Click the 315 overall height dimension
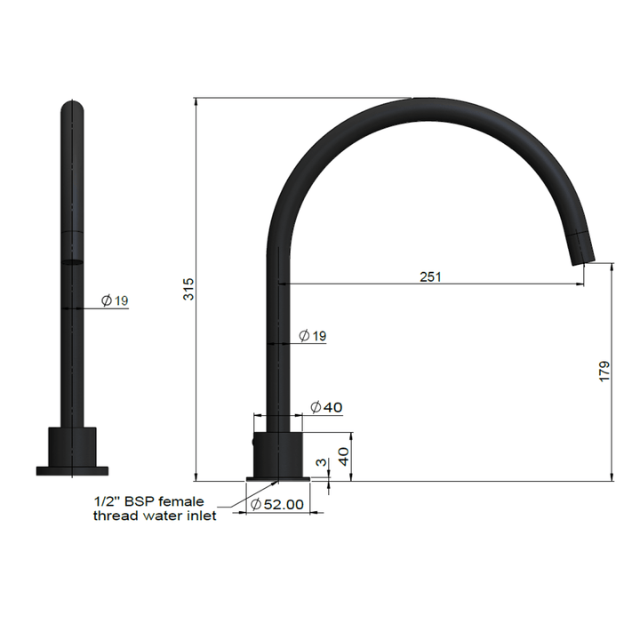coord(188,289)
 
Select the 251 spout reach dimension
coord(430,276)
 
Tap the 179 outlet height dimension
coord(604,372)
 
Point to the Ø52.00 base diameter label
coord(277,504)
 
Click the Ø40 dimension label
coord(326,407)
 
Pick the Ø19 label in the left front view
coord(115,300)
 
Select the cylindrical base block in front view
coord(71,447)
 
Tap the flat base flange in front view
coord(72,470)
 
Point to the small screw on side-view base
coord(254,440)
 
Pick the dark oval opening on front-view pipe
coord(72,261)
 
